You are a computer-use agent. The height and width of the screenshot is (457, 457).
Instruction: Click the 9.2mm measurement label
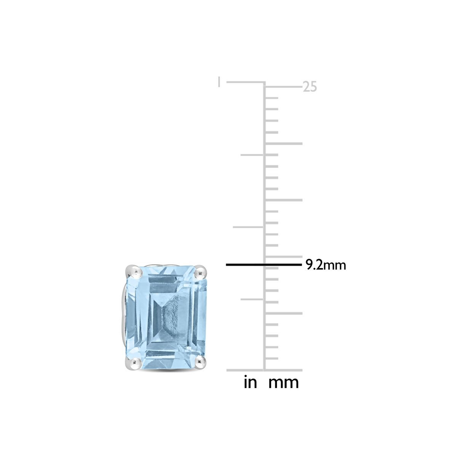pyautogui.click(x=326, y=265)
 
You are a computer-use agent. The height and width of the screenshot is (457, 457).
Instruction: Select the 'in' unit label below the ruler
pyautogui.click(x=250, y=382)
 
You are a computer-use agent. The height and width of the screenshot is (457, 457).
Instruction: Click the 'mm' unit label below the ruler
pyautogui.click(x=284, y=382)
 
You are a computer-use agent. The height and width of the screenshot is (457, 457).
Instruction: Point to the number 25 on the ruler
pyautogui.click(x=310, y=87)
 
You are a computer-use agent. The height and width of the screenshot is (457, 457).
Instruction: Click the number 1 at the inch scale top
pyautogui.click(x=219, y=82)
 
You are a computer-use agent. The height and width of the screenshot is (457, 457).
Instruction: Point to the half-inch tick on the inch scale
pyautogui.click(x=248, y=227)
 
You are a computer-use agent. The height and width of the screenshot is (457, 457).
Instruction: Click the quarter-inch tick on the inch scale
pyautogui.click(x=252, y=299)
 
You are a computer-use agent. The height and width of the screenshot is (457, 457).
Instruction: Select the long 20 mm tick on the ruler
pyautogui.click(x=284, y=144)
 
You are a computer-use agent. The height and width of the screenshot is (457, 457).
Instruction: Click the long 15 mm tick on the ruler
pyautogui.click(x=284, y=200)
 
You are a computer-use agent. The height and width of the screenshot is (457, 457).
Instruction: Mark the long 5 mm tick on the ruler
pyautogui.click(x=284, y=313)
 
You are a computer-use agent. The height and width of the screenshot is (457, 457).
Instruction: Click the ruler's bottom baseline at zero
pyautogui.click(x=264, y=370)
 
